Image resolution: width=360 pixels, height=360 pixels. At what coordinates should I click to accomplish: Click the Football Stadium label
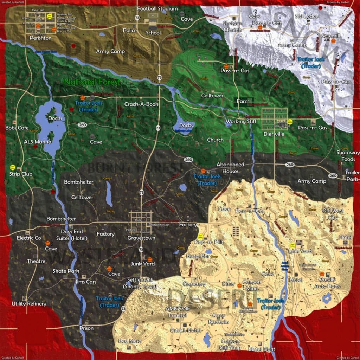tap(157, 8)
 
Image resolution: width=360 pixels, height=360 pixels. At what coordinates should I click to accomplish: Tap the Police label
tap(130, 31)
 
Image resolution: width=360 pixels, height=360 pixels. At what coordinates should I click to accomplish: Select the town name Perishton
tap(40, 38)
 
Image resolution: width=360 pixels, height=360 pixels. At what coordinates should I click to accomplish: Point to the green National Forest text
tap(92, 82)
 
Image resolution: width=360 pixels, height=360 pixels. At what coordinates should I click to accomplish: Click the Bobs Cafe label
tap(17, 128)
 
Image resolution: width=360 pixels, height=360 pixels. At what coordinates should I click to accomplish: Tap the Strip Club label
tap(21, 174)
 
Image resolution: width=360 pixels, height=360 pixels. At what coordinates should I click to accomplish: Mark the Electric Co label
tap(29, 238)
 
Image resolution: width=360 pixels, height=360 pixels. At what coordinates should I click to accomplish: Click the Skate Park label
tap(66, 271)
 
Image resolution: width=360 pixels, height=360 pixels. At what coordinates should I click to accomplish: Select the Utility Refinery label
tap(29, 303)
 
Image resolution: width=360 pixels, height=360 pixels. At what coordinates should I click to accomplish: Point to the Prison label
tap(86, 328)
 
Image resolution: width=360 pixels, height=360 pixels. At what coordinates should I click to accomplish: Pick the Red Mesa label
tap(130, 341)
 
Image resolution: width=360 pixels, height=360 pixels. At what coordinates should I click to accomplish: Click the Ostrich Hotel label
tap(185, 330)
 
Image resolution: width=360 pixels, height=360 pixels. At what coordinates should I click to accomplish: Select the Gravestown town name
tap(141, 238)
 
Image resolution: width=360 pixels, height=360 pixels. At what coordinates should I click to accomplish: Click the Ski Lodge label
tap(307, 16)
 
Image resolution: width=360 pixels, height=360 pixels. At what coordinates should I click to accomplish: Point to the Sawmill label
tap(332, 36)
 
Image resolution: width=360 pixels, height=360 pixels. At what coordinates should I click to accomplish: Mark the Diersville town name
tap(274, 134)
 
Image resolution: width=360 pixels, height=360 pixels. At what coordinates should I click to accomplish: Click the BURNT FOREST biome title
tap(135, 168)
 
